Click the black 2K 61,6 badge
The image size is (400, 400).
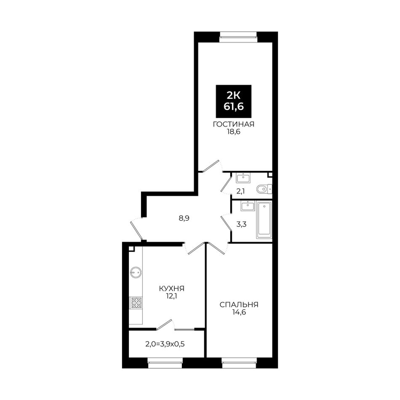[233, 101]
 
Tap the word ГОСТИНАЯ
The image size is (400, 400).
[233, 124]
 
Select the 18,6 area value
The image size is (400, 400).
[233, 132]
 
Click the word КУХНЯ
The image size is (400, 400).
[171, 288]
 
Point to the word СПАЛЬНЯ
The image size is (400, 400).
[239, 304]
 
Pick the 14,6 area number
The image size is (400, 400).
[239, 312]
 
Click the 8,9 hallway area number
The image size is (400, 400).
[184, 219]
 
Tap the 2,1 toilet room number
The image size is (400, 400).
[240, 191]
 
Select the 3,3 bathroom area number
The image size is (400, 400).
[241, 224]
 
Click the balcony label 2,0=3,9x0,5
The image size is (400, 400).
[165, 344]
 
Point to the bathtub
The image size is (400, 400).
[264, 220]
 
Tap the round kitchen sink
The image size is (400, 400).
[136, 272]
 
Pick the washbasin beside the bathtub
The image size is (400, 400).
[248, 206]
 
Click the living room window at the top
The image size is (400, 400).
[238, 37]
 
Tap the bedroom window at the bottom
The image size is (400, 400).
[239, 363]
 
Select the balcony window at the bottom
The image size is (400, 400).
[165, 363]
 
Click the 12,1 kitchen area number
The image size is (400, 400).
[171, 296]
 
